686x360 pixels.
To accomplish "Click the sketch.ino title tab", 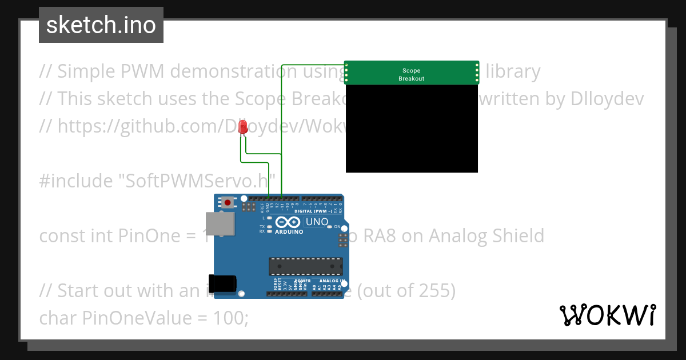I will coord(101,25).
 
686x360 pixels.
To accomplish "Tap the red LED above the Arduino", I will coord(243,127).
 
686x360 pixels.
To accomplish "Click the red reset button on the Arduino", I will coord(228,202).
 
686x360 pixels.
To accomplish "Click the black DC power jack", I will coord(222,283).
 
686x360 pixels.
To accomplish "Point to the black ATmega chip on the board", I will coord(306,266).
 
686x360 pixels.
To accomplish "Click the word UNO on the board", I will coord(317,222).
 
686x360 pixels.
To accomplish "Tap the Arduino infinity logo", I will coord(288,222).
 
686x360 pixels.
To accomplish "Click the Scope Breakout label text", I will coord(412,75).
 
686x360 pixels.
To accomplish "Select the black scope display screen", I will coord(412,129).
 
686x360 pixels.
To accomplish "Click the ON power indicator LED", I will coord(330,227).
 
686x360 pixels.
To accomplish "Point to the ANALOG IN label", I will coord(329,281).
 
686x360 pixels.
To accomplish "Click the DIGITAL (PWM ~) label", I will coord(313,211).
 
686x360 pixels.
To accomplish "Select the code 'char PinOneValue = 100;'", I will coord(143,318).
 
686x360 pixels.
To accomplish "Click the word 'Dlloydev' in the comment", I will coord(607,99).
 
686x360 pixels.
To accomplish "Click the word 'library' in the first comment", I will coord(513,71).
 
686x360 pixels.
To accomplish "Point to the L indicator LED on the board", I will coord(269,218).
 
